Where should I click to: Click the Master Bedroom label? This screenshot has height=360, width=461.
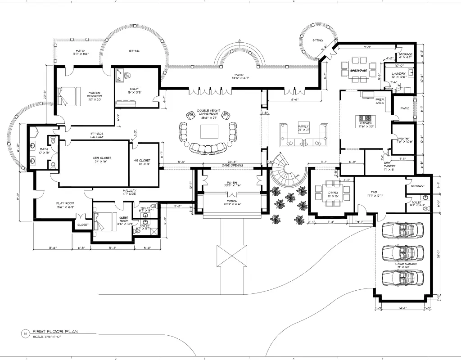click(x=95, y=94)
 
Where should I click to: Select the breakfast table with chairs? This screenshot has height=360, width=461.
click(x=359, y=70)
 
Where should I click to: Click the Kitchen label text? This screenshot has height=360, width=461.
click(x=365, y=123)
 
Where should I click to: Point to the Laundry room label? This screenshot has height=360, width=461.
click(x=398, y=75)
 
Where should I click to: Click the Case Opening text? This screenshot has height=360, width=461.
click(x=233, y=166)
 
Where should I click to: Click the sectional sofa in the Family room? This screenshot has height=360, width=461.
click(x=303, y=136)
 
